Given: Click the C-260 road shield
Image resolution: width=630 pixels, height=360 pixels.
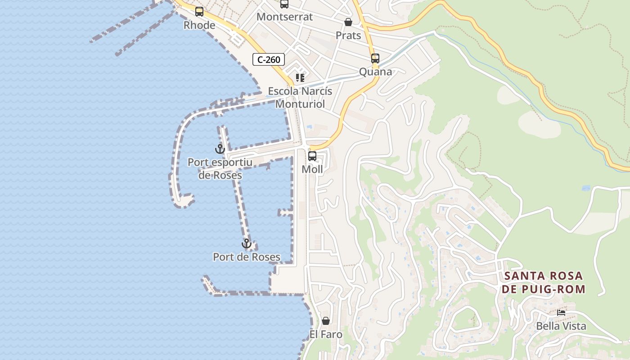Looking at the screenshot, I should coord(269,59).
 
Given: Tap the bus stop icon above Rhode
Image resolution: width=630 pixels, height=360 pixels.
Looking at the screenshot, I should coord(199,12).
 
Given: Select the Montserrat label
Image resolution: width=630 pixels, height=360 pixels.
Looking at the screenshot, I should coord(284,17).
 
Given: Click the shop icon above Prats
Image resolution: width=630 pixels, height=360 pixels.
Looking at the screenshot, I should coord(348,22).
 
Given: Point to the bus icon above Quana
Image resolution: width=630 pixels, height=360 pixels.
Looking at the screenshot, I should coord(375,58).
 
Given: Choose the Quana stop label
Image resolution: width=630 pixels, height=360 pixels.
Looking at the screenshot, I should coord(375,72).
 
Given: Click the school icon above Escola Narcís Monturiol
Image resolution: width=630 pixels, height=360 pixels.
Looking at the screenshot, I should coord(300,78).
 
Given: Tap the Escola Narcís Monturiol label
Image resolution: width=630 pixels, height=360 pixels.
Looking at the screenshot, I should coord(300,97).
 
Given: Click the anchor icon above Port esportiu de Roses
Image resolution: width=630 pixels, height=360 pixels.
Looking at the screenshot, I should coord(220,148).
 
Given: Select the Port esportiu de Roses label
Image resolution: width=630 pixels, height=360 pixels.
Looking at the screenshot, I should coord(220,169).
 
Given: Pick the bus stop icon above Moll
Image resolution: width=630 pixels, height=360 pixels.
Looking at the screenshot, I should coord(312,156).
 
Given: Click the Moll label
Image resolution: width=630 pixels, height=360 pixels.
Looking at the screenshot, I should coord(312,169).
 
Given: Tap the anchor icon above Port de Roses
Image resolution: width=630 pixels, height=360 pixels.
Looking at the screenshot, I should coord(247,243).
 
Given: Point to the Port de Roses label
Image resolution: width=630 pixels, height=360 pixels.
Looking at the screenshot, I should coord(247,257).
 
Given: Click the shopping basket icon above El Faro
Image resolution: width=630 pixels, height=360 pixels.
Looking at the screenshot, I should coord(326,321).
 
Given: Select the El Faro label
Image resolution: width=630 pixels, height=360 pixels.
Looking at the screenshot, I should coord(326,334).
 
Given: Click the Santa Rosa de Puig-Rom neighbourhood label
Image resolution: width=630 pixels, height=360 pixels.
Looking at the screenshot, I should coord(544,282).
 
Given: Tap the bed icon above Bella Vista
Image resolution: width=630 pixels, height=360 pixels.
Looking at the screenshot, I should coord(561,313).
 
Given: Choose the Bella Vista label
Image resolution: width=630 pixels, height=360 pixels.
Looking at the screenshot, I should coord(561,326).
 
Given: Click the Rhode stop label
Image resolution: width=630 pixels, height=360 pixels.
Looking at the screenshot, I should coord(199,25).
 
